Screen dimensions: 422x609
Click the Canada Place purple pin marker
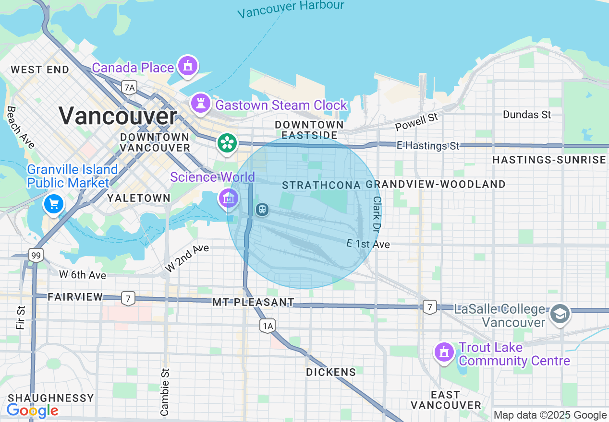[x=188, y=66]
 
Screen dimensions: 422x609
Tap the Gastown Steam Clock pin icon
[x=200, y=103]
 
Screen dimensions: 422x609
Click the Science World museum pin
[x=229, y=198]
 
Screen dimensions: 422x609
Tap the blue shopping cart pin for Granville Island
[x=53, y=205]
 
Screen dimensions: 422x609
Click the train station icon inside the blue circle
[x=262, y=210]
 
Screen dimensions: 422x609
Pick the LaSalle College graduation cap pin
[x=560, y=315]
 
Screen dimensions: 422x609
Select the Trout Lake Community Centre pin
[x=444, y=352]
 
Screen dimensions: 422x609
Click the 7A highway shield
[x=129, y=87]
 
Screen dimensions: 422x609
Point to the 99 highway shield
[x=35, y=255]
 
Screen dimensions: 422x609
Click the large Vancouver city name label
[x=118, y=116]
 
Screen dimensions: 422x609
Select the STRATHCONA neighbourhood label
[x=321, y=185]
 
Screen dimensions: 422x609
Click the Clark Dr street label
[x=376, y=213]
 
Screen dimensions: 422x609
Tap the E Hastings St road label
[x=428, y=145]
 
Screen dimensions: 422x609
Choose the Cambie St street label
[x=165, y=392]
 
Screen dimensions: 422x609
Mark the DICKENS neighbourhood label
[x=331, y=372]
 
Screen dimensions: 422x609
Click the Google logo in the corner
[x=32, y=411]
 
